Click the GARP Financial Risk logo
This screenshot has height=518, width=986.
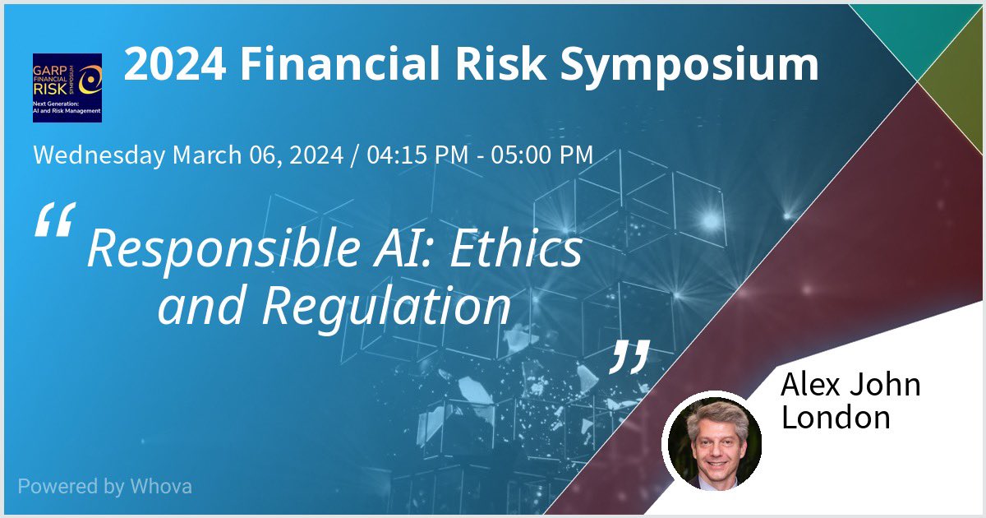[x=67, y=87]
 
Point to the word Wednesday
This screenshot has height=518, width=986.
[x=99, y=155]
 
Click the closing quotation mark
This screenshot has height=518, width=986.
[x=631, y=355]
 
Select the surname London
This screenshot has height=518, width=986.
[x=836, y=417]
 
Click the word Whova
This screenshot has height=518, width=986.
[x=161, y=486]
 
